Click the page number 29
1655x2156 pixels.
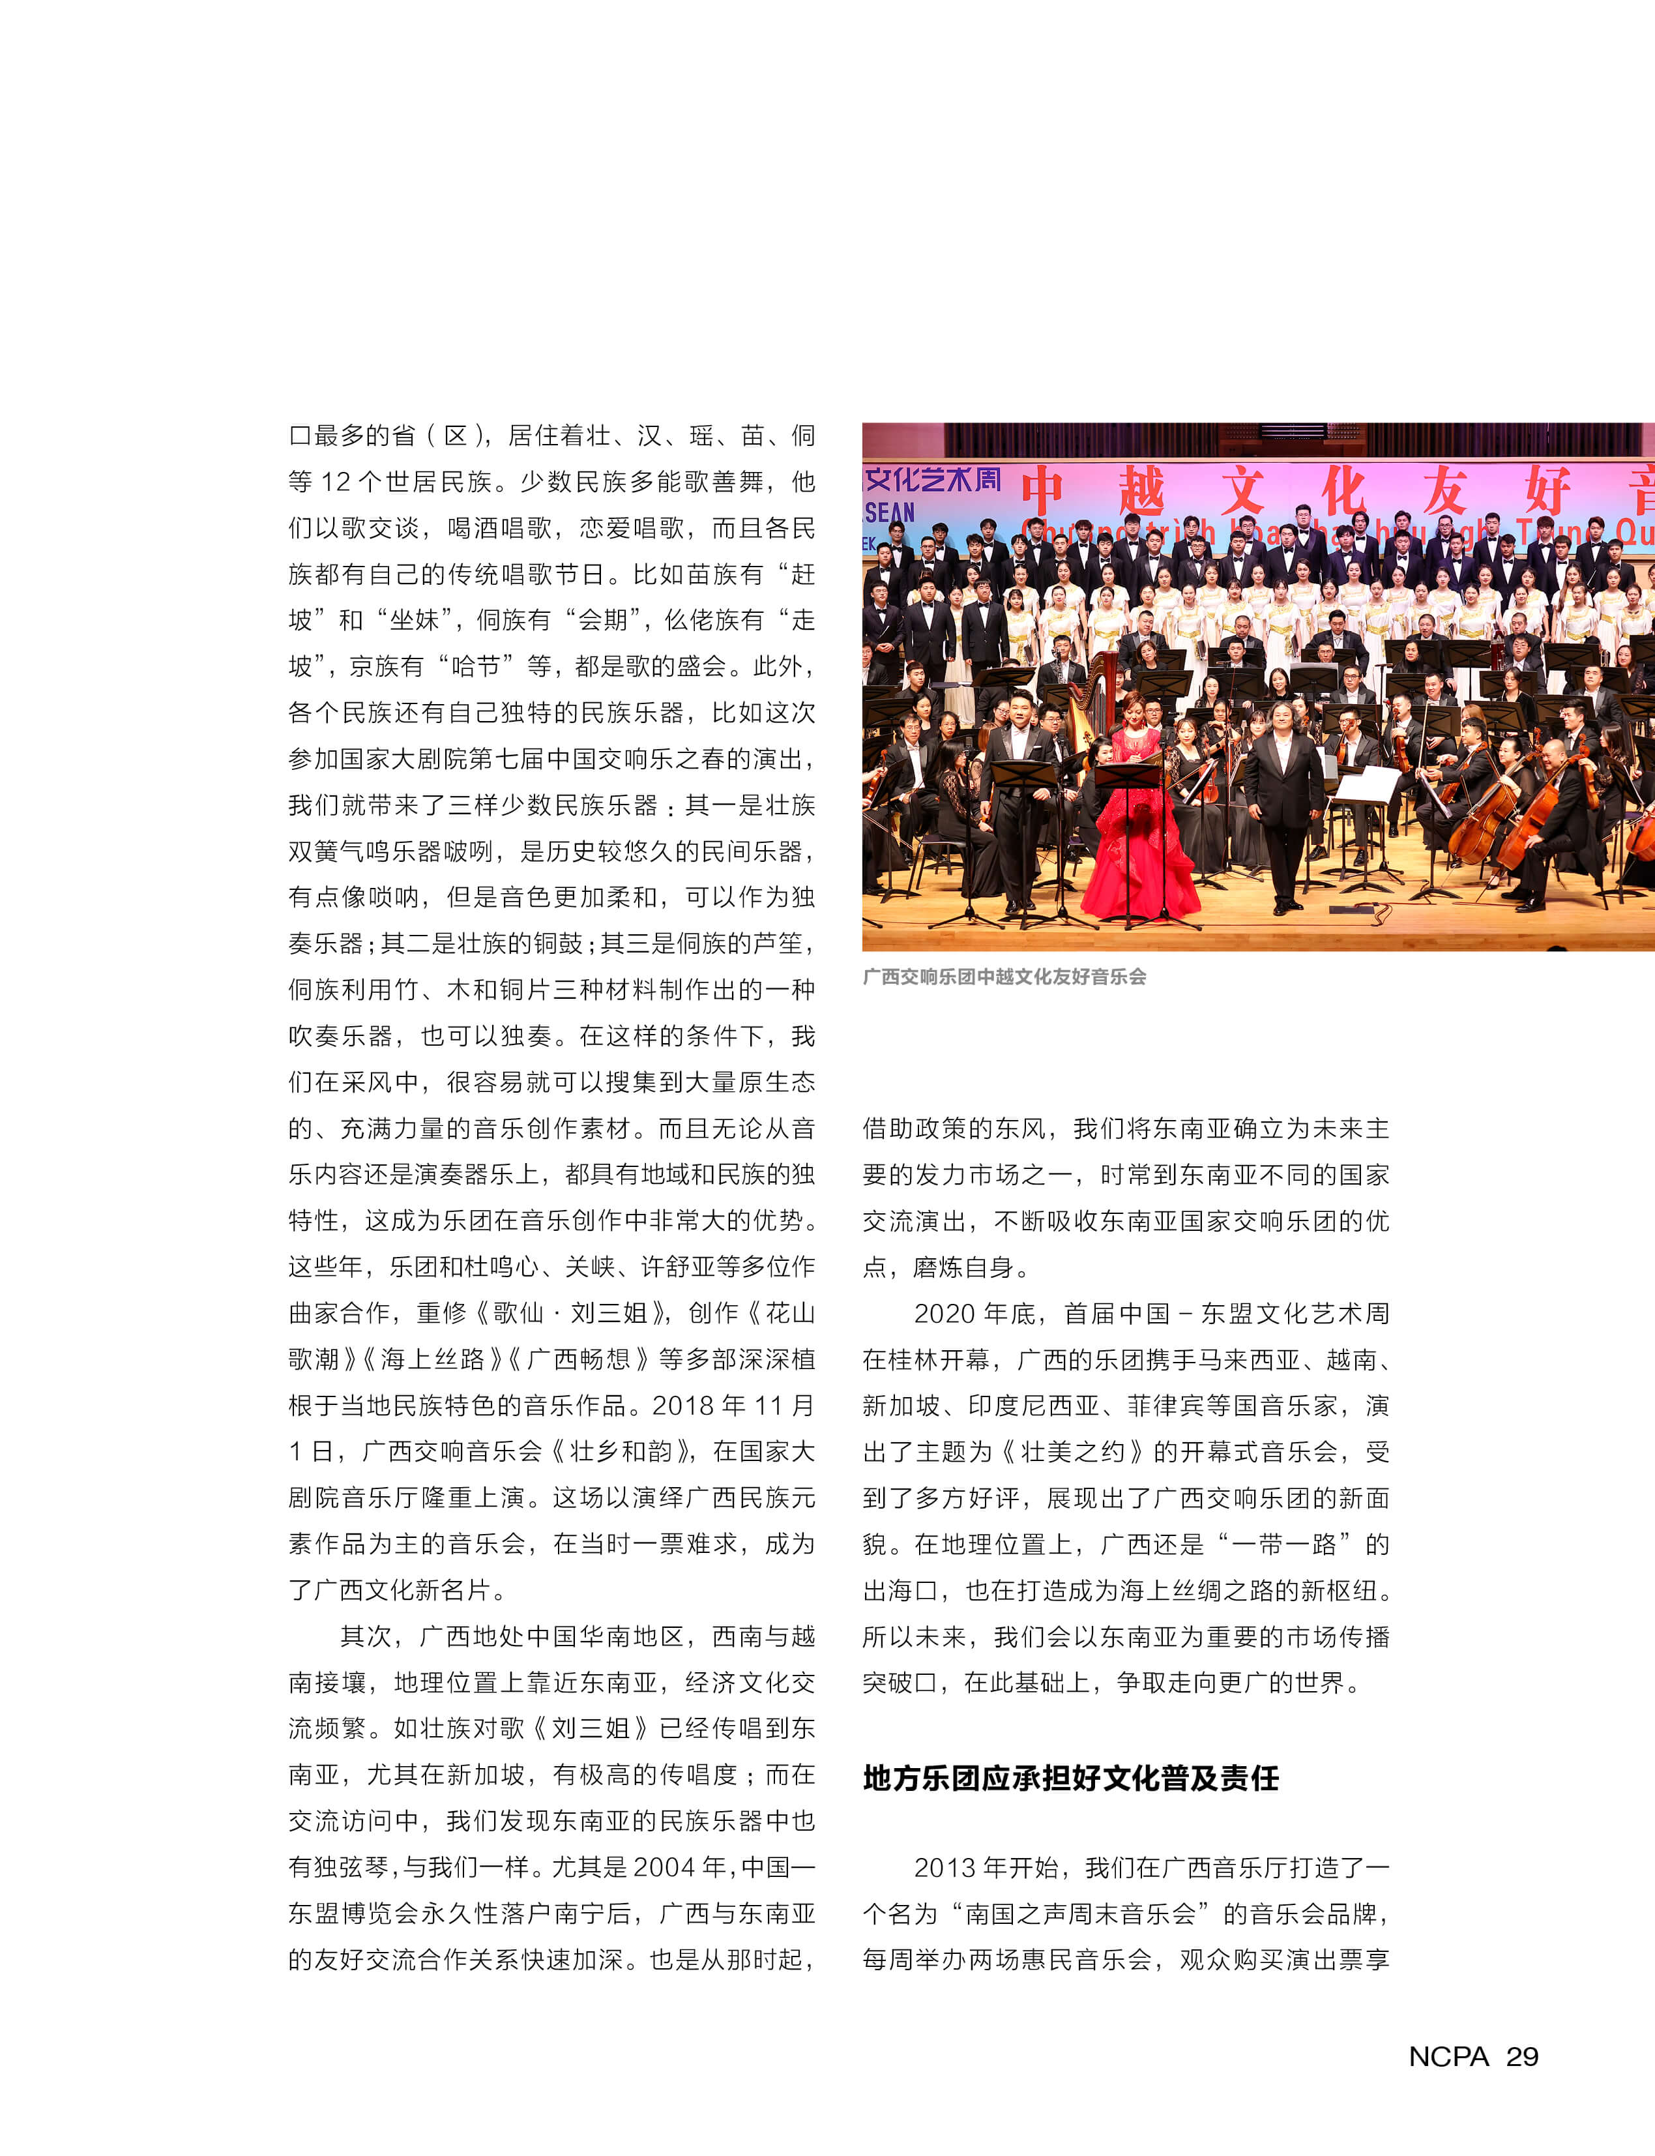(x=1522, y=2056)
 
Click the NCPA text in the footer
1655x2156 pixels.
(x=1448, y=2056)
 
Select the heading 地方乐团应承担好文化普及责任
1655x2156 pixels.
(x=1071, y=1778)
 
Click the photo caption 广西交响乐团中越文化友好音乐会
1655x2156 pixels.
(x=1004, y=977)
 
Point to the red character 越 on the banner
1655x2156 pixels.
(x=1142, y=491)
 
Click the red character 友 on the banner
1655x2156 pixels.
(x=1444, y=491)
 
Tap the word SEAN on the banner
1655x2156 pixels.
(x=890, y=512)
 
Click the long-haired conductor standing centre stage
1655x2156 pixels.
(x=1283, y=788)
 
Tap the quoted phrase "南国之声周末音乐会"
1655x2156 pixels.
(x=1081, y=1913)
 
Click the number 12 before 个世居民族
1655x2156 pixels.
(x=335, y=482)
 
